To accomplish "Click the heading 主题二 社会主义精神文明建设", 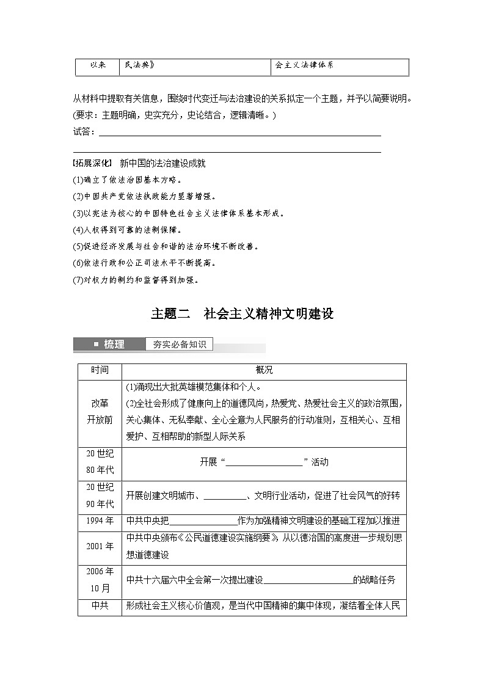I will click(x=242, y=314).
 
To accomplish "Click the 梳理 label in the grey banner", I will click(x=114, y=345).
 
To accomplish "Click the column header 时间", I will click(x=100, y=371).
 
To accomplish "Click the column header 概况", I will click(x=264, y=371).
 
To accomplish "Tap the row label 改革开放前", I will click(x=100, y=412).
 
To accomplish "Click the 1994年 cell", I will click(x=100, y=521).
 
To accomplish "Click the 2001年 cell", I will click(x=100, y=546).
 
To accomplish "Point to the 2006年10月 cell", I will click(x=100, y=580).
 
